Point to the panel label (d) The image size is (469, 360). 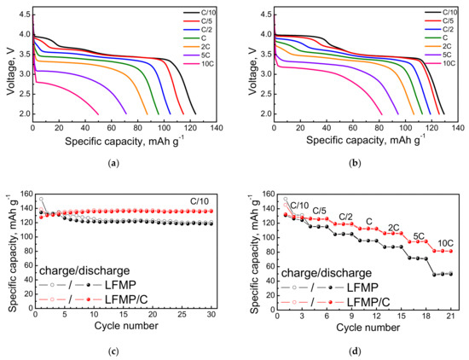pyautogui.click(x=356, y=349)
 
